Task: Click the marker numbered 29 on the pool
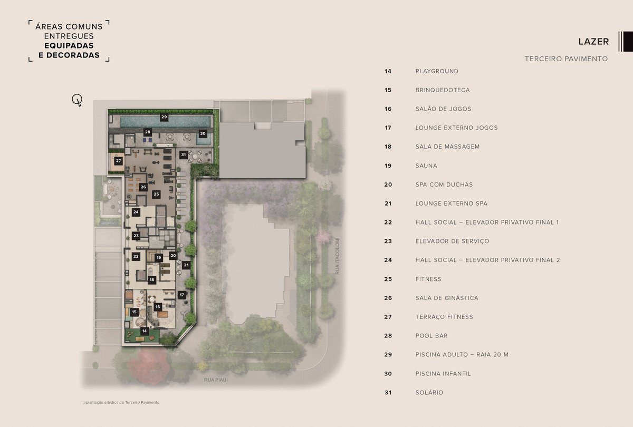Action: (x=164, y=117)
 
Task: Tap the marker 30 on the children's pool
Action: (x=203, y=133)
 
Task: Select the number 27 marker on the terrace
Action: (x=118, y=161)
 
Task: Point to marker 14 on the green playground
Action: (x=145, y=331)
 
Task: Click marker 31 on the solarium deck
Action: (x=184, y=155)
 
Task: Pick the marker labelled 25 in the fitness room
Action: (x=156, y=195)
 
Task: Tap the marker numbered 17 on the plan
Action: (x=181, y=295)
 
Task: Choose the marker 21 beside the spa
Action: (x=186, y=265)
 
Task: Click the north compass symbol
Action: (x=77, y=100)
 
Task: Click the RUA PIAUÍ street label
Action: (x=216, y=380)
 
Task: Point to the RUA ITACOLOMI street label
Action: (x=337, y=256)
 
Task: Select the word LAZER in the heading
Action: (x=593, y=42)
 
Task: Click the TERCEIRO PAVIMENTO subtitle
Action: (x=567, y=59)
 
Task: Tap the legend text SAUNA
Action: (x=426, y=166)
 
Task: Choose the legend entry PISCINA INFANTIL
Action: (x=443, y=374)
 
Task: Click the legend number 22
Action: (x=388, y=222)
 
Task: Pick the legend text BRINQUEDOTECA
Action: (x=443, y=90)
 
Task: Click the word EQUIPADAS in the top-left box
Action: (x=69, y=45)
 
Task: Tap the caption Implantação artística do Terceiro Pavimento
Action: (x=120, y=402)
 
